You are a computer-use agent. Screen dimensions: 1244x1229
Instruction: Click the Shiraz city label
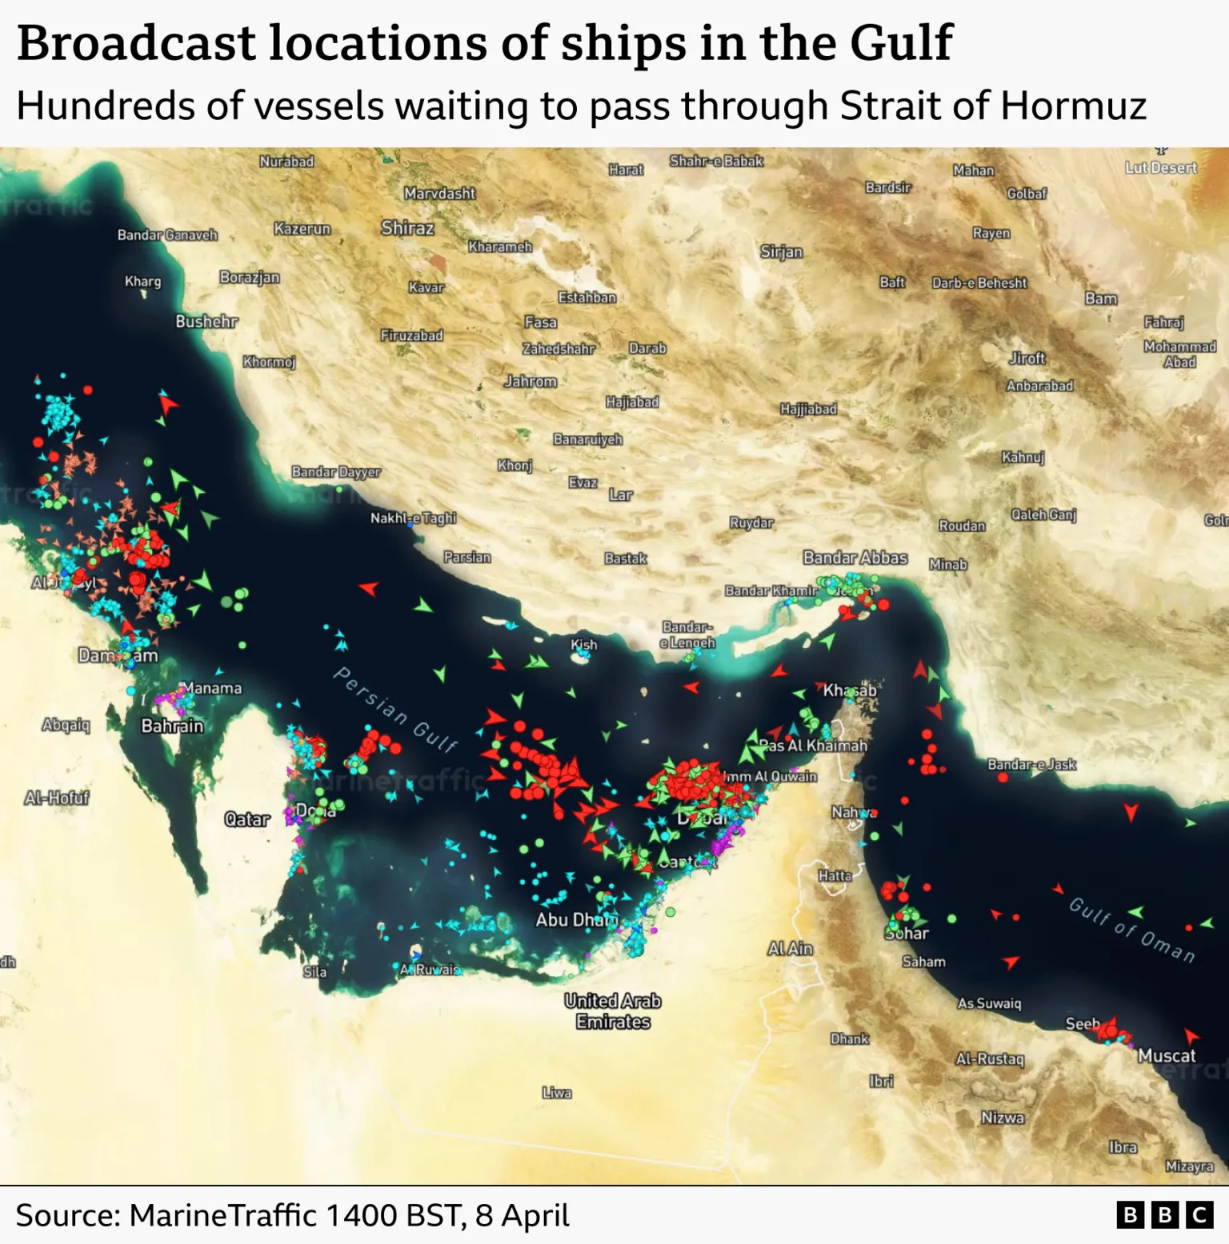click(407, 228)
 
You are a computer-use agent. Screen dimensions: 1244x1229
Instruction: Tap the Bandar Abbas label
click(855, 558)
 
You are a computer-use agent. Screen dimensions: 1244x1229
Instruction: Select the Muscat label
click(1166, 1055)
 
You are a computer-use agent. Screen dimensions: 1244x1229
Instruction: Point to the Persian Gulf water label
click(395, 710)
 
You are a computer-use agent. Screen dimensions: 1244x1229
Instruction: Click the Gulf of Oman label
click(1131, 930)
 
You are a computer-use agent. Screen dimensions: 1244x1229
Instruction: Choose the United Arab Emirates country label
click(613, 1011)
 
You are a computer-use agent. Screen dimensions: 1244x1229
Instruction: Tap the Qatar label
click(247, 819)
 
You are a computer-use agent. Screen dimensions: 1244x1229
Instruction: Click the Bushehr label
click(206, 322)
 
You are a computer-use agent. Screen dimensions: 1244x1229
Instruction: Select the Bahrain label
click(172, 726)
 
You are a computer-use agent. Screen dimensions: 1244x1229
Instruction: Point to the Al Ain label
click(790, 948)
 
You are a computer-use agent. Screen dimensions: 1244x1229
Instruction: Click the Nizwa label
click(1002, 1118)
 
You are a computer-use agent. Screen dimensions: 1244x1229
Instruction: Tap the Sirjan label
click(781, 252)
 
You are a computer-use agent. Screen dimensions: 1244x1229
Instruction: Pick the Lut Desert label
click(1160, 167)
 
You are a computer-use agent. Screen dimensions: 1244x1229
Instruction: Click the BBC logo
click(1164, 1215)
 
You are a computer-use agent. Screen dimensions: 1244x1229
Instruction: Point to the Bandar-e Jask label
click(1031, 764)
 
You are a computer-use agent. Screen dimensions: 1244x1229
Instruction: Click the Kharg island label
click(142, 281)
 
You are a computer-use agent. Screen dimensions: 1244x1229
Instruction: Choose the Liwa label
click(556, 1093)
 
